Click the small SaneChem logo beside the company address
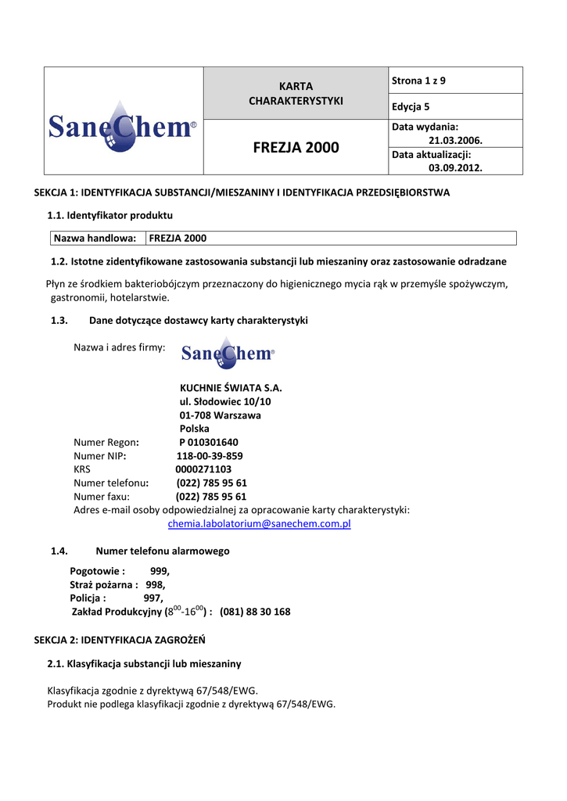[x=228, y=354]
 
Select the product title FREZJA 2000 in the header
[x=296, y=148]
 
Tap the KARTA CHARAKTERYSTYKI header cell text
[x=296, y=93]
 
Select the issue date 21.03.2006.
[x=455, y=140]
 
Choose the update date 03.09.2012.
[x=455, y=167]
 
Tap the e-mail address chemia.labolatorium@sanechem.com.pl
[x=260, y=524]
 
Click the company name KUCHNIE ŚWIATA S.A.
[x=231, y=388]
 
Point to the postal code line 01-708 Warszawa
[x=221, y=415]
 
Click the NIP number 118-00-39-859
[x=210, y=456]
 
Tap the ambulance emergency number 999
[x=160, y=571]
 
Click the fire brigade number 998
[x=155, y=584]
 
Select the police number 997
[x=153, y=598]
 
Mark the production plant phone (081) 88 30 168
[x=255, y=612]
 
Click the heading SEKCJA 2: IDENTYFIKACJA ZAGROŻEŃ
[x=120, y=640]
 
